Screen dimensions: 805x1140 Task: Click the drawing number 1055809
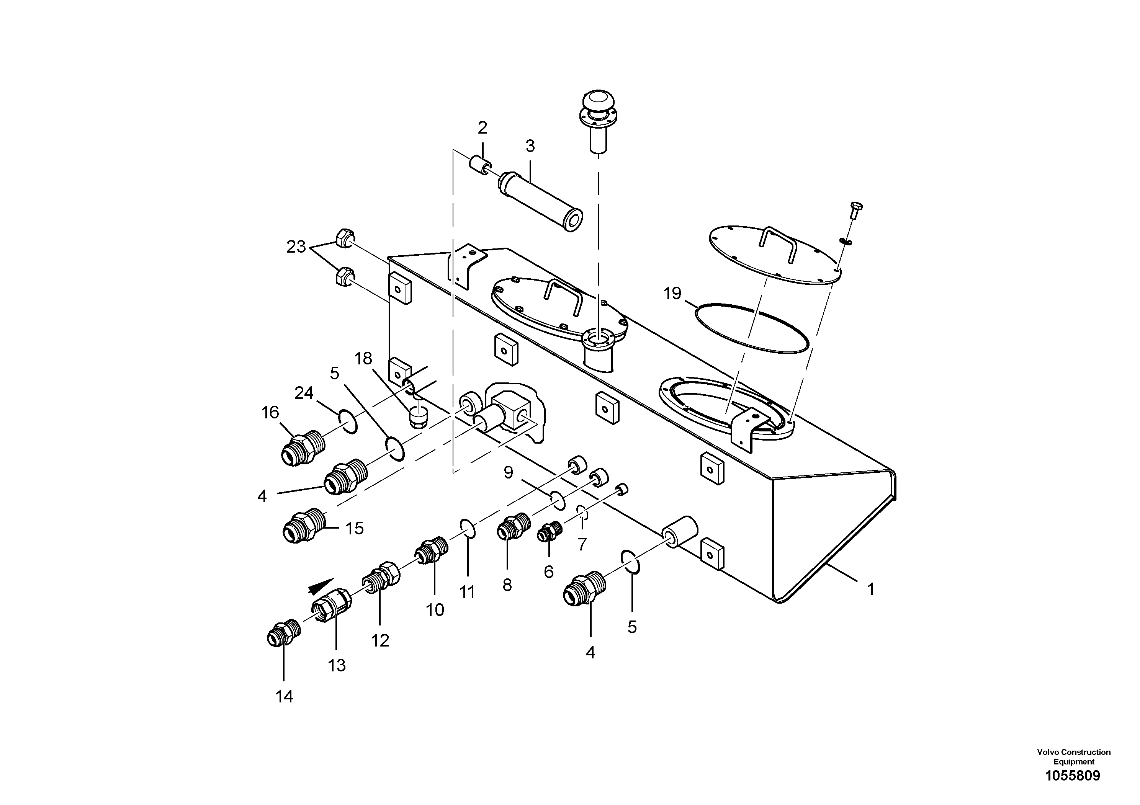coord(1073,776)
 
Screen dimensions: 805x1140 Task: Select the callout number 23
coord(296,247)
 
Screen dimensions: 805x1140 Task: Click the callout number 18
coord(363,358)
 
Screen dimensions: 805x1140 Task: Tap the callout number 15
coord(355,528)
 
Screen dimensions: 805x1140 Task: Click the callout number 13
coord(336,665)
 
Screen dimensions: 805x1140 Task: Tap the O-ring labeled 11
coord(467,529)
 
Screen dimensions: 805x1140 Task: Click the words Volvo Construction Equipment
coord(1073,756)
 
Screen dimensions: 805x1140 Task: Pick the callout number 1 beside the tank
coord(870,589)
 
